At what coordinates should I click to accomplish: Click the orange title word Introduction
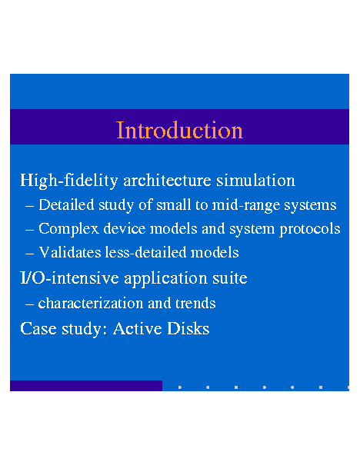tap(179, 130)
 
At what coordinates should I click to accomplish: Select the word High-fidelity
tap(69, 181)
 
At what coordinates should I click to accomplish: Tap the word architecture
tap(167, 181)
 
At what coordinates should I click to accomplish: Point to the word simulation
tap(255, 181)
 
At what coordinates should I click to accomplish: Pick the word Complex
tap(68, 229)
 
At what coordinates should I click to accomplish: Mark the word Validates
tap(70, 252)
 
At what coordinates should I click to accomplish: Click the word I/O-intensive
tap(69, 278)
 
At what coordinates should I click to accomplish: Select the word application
tap(165, 279)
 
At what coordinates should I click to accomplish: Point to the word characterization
tap(90, 303)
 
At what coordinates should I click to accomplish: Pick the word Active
tap(138, 329)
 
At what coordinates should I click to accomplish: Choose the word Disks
tap(188, 329)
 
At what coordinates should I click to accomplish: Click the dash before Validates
tap(30, 254)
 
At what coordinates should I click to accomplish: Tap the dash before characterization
tap(30, 304)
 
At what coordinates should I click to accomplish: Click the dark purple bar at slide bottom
tap(86, 386)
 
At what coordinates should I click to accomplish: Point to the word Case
tap(38, 329)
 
